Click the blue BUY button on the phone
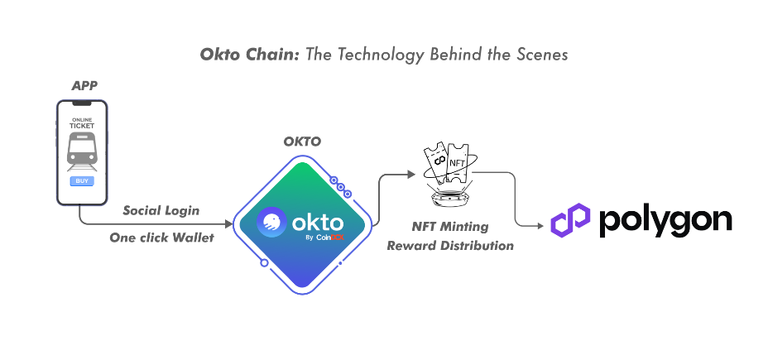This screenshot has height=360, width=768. (81, 180)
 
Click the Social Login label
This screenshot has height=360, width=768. (161, 210)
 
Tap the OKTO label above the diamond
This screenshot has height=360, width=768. (301, 142)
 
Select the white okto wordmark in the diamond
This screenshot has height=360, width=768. (314, 221)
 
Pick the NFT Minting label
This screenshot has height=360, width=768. (449, 227)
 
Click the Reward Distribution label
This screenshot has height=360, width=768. (450, 246)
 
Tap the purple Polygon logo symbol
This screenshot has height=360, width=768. (569, 222)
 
